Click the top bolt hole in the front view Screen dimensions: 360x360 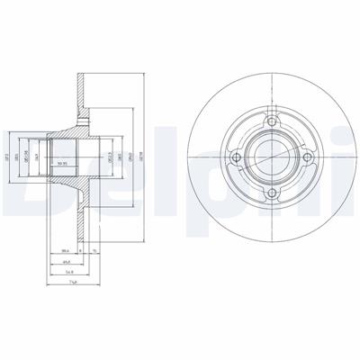269,120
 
